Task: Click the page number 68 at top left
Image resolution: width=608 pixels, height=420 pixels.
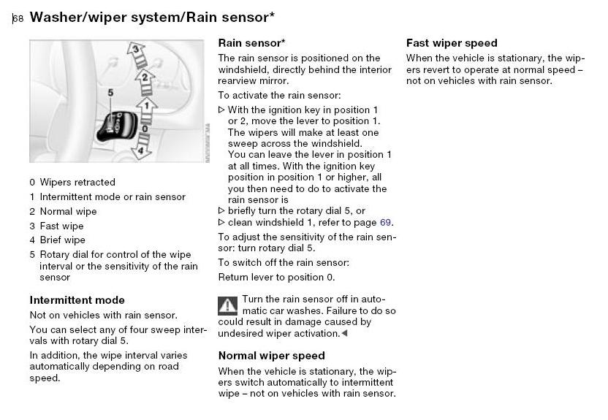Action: (18, 18)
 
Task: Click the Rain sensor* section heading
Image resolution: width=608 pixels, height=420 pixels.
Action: (251, 43)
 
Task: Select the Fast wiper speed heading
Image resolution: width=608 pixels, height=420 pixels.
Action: (452, 43)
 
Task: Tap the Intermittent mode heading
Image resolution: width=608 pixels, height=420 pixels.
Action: (77, 300)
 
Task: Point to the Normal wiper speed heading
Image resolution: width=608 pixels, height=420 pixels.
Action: (271, 356)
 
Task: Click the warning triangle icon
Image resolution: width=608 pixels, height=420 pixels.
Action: (227, 306)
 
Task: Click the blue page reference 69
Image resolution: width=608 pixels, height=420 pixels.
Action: (385, 222)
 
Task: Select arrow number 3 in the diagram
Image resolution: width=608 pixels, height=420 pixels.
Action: (137, 54)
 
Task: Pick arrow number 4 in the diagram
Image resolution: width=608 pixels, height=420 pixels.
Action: (141, 148)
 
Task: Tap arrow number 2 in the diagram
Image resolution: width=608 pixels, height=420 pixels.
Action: (145, 82)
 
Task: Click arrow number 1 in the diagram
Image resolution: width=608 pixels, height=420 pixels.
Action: (147, 110)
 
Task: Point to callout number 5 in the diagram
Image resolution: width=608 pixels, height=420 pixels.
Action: (111, 93)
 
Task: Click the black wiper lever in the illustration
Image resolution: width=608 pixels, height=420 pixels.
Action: (115, 126)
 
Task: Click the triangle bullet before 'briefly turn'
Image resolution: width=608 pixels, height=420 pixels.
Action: (221, 211)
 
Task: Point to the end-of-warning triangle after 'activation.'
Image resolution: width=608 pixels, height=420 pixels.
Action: (344, 333)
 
